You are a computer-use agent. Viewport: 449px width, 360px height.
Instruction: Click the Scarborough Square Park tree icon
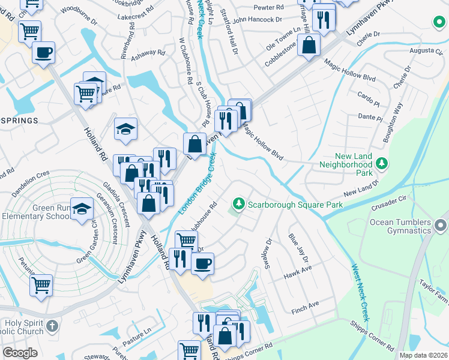point(239,205)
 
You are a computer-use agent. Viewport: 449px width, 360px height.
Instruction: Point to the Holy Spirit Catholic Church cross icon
point(52,326)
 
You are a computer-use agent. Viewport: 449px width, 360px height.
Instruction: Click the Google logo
point(20,353)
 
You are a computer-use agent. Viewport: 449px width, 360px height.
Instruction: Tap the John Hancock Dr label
point(257,20)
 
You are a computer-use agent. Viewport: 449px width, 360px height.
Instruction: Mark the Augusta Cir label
point(421,50)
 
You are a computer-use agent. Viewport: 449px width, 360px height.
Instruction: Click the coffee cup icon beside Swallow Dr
point(203,262)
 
